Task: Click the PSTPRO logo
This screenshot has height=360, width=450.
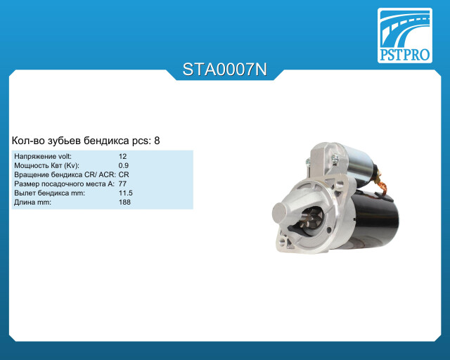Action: [405, 35]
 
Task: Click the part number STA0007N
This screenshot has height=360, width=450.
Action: [225, 70]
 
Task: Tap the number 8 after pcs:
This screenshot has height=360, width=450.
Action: [157, 141]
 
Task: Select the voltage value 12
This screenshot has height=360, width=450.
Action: [122, 157]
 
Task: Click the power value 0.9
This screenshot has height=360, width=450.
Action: [124, 166]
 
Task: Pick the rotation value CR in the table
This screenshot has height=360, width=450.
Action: [124, 175]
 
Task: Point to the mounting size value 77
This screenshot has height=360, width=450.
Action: [122, 184]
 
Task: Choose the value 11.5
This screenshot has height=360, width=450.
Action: [126, 193]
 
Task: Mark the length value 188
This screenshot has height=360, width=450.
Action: [124, 202]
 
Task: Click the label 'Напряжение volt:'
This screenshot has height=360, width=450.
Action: [43, 157]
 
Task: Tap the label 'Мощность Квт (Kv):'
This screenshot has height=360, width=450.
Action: [46, 166]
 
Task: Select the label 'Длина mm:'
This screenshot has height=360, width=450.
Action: [32, 202]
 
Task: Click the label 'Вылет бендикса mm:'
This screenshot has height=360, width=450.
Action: [49, 193]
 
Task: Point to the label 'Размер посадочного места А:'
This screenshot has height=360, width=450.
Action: [64, 184]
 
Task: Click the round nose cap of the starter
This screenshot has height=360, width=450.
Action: [282, 212]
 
